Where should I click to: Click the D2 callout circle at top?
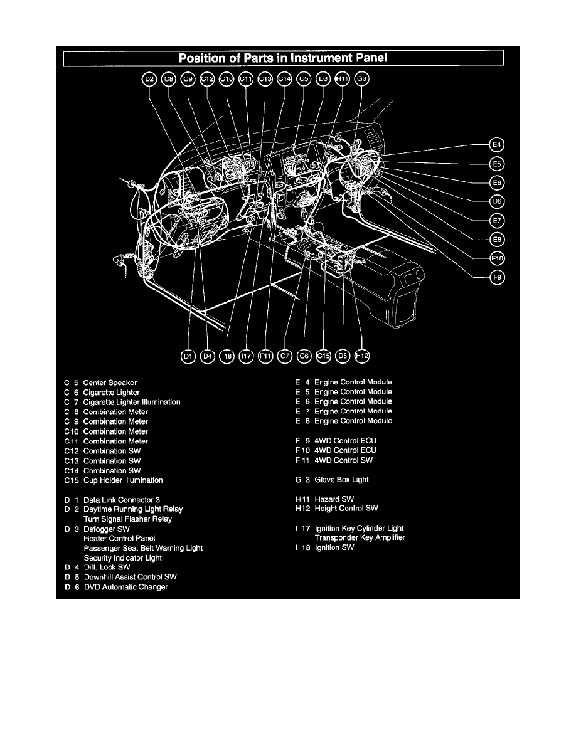pos(149,79)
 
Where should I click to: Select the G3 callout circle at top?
pos(362,79)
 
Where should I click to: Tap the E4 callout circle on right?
pos(497,145)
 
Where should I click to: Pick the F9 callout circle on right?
pos(497,277)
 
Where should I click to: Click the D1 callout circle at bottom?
pos(188,356)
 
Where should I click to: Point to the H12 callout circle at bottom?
pos(362,356)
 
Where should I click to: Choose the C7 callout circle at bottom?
pos(285,356)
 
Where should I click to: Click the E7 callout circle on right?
pos(497,220)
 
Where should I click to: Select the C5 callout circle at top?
pos(304,79)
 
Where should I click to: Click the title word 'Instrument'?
pos(312,59)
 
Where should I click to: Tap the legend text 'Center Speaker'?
pos(110,383)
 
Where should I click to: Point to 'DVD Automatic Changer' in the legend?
pos(125,587)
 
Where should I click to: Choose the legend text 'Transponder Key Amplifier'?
pos(360,538)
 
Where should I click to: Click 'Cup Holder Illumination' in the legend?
pos(123,480)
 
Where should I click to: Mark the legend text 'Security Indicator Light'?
pos(123,558)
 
